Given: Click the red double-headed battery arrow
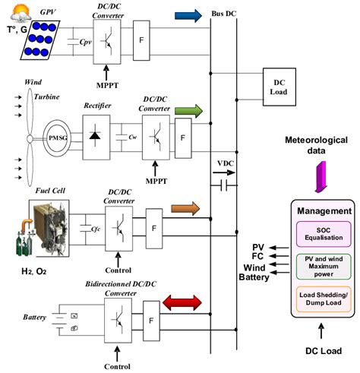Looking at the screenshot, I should click(185, 305).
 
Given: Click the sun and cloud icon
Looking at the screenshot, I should click(13, 13).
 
